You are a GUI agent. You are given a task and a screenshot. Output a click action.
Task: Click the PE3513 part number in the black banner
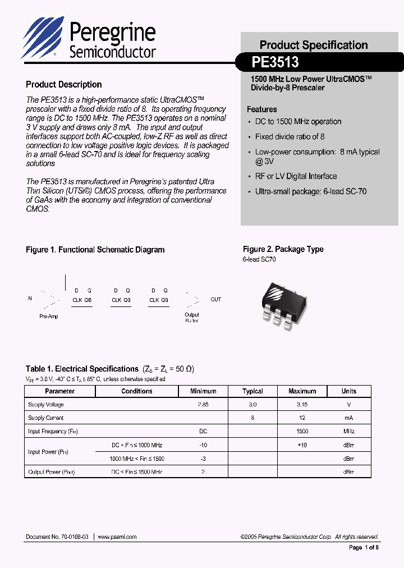pyautogui.click(x=276, y=61)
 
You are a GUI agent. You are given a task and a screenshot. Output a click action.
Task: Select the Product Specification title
pyautogui.click(x=314, y=45)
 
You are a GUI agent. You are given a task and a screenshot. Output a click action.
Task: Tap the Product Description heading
pyautogui.click(x=64, y=85)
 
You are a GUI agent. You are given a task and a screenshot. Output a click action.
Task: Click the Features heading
pyautogui.click(x=262, y=109)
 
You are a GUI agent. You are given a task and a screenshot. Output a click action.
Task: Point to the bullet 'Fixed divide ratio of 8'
pyautogui.click(x=290, y=136)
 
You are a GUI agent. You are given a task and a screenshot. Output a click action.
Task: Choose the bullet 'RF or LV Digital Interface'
pyautogui.click(x=296, y=176)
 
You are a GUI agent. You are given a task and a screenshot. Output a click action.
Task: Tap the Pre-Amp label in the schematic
pyautogui.click(x=49, y=317)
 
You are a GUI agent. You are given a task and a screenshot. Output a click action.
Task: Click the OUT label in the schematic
pyautogui.click(x=216, y=299)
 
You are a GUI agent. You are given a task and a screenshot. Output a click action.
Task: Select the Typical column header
pyautogui.click(x=252, y=391)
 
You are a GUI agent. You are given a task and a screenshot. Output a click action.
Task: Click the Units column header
pyautogui.click(x=349, y=391)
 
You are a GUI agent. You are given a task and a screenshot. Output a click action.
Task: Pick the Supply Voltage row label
pyautogui.click(x=46, y=405)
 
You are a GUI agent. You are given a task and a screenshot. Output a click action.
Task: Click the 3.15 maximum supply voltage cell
pyautogui.click(x=302, y=405)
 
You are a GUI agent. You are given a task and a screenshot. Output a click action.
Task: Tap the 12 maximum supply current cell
pyautogui.click(x=302, y=418)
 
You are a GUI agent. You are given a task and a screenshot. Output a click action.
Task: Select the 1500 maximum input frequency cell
pyautogui.click(x=302, y=432)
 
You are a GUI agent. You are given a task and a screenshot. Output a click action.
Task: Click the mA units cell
pyautogui.click(x=349, y=418)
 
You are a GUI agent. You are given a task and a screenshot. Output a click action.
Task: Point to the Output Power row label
pyautogui.click(x=52, y=472)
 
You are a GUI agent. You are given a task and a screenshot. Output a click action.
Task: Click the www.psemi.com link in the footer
pyautogui.click(x=117, y=537)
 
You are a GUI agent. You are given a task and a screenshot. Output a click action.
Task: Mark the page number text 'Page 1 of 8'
pyautogui.click(x=364, y=547)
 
